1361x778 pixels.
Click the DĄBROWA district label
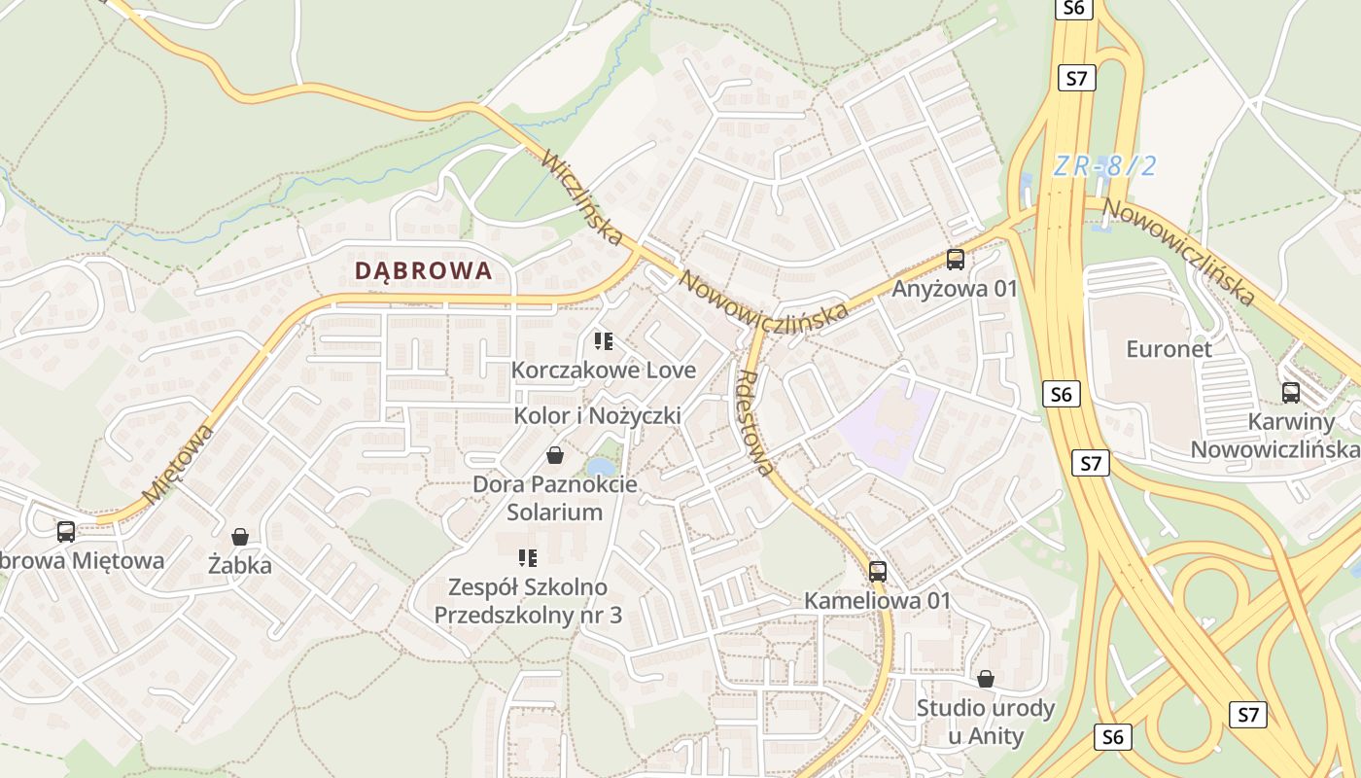424,270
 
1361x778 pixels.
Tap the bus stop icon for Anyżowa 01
956,260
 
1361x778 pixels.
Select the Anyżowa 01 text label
955,289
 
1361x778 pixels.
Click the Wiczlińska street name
582,197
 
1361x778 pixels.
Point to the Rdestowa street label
758,423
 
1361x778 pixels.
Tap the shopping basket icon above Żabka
240,537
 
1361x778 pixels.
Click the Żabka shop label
240,565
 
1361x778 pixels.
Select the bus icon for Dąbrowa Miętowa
66,532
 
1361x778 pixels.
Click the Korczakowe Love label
604,371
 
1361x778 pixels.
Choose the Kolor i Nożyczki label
597,416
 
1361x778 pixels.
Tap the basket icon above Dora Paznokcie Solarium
555,454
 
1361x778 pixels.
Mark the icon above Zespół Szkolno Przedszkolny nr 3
528,558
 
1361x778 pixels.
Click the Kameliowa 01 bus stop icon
878,572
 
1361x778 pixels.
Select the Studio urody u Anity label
986,722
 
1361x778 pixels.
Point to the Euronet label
1169,349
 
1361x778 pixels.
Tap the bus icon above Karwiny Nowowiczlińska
1290,393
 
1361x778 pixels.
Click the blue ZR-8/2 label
1105,166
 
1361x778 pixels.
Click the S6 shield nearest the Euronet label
1061,394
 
